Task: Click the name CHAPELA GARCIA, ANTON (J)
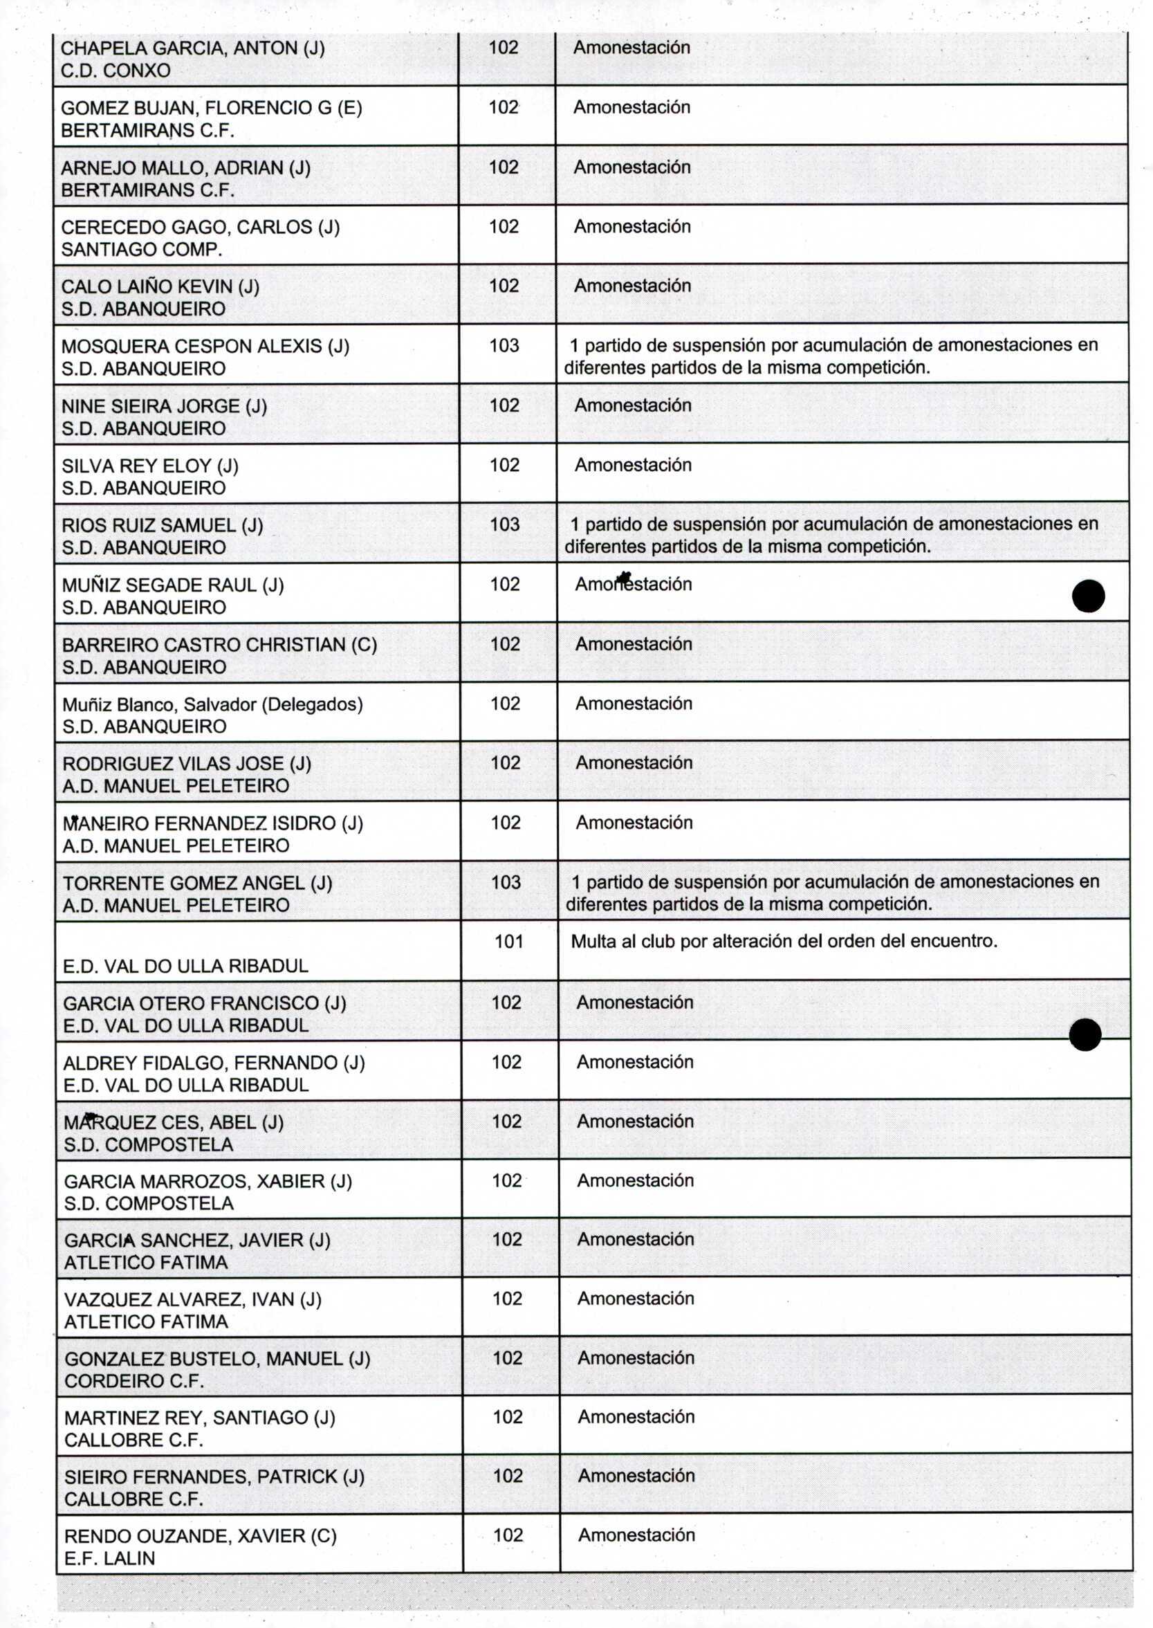(x=192, y=48)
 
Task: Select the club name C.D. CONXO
(x=116, y=71)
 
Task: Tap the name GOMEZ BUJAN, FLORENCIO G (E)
(x=212, y=108)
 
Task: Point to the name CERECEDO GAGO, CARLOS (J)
(x=200, y=227)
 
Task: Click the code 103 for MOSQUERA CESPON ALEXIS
(x=504, y=346)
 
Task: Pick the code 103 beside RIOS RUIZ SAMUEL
(x=505, y=524)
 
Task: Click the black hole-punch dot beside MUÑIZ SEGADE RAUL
(x=1088, y=596)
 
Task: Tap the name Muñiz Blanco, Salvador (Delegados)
(x=212, y=704)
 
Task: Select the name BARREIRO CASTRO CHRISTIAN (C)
(x=219, y=645)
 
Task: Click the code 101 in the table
(x=508, y=942)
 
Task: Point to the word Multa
(x=593, y=942)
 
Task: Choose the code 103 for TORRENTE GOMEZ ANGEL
(x=506, y=883)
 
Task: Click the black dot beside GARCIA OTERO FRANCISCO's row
(x=1084, y=1034)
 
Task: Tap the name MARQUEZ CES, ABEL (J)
(x=173, y=1122)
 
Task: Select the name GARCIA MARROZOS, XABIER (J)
(x=208, y=1182)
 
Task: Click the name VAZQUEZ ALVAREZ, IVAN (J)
(x=192, y=1300)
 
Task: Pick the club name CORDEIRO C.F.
(x=134, y=1382)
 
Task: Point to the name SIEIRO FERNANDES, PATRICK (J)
(x=214, y=1476)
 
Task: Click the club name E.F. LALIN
(x=109, y=1558)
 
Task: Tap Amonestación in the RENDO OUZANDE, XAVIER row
(x=636, y=1535)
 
